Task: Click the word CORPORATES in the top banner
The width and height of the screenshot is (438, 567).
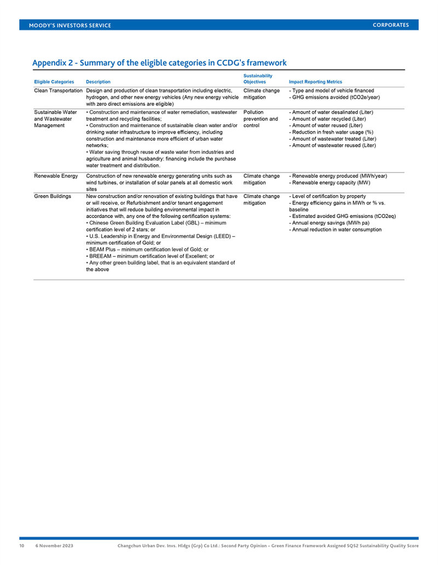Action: pos(390,25)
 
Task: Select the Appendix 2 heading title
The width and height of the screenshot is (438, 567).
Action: pos(159,62)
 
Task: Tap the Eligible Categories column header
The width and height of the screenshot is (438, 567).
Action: pos(54,82)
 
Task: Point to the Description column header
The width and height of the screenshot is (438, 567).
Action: pos(98,82)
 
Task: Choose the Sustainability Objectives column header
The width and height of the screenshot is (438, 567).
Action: pos(258,79)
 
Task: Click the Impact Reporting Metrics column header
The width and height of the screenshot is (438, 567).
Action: pos(315,82)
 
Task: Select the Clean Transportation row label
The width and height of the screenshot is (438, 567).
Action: pos(58,90)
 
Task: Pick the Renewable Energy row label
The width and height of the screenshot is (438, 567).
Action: pos(56,176)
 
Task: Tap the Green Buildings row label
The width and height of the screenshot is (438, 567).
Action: pos(53,196)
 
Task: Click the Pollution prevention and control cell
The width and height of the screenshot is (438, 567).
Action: pos(261,119)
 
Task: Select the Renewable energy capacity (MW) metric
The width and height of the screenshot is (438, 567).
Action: pos(326,182)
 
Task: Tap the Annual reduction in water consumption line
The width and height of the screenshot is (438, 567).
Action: pos(335,230)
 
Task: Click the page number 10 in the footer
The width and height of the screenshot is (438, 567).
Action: pos(22,546)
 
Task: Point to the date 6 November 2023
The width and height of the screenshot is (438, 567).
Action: pos(55,546)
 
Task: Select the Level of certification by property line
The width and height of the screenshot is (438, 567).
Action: pos(327,196)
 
